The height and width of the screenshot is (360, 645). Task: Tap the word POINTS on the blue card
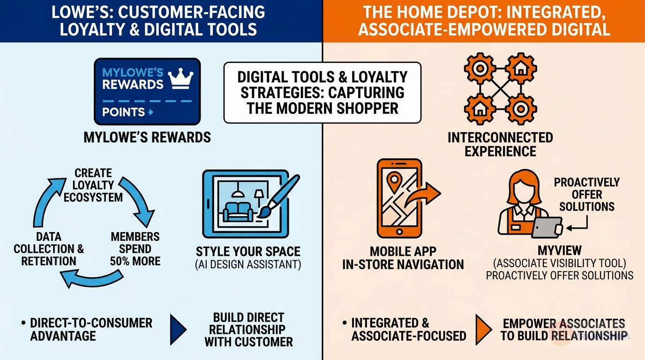[123, 112]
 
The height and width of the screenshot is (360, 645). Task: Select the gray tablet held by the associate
[547, 227]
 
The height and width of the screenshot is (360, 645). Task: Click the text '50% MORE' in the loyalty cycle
[135, 261]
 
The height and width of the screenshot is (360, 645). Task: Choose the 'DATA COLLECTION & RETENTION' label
[49, 249]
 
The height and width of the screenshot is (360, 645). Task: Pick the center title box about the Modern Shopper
[322, 92]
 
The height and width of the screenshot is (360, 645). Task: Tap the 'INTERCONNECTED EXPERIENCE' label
[500, 144]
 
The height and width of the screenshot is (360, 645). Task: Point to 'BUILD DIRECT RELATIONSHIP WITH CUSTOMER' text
[248, 329]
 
